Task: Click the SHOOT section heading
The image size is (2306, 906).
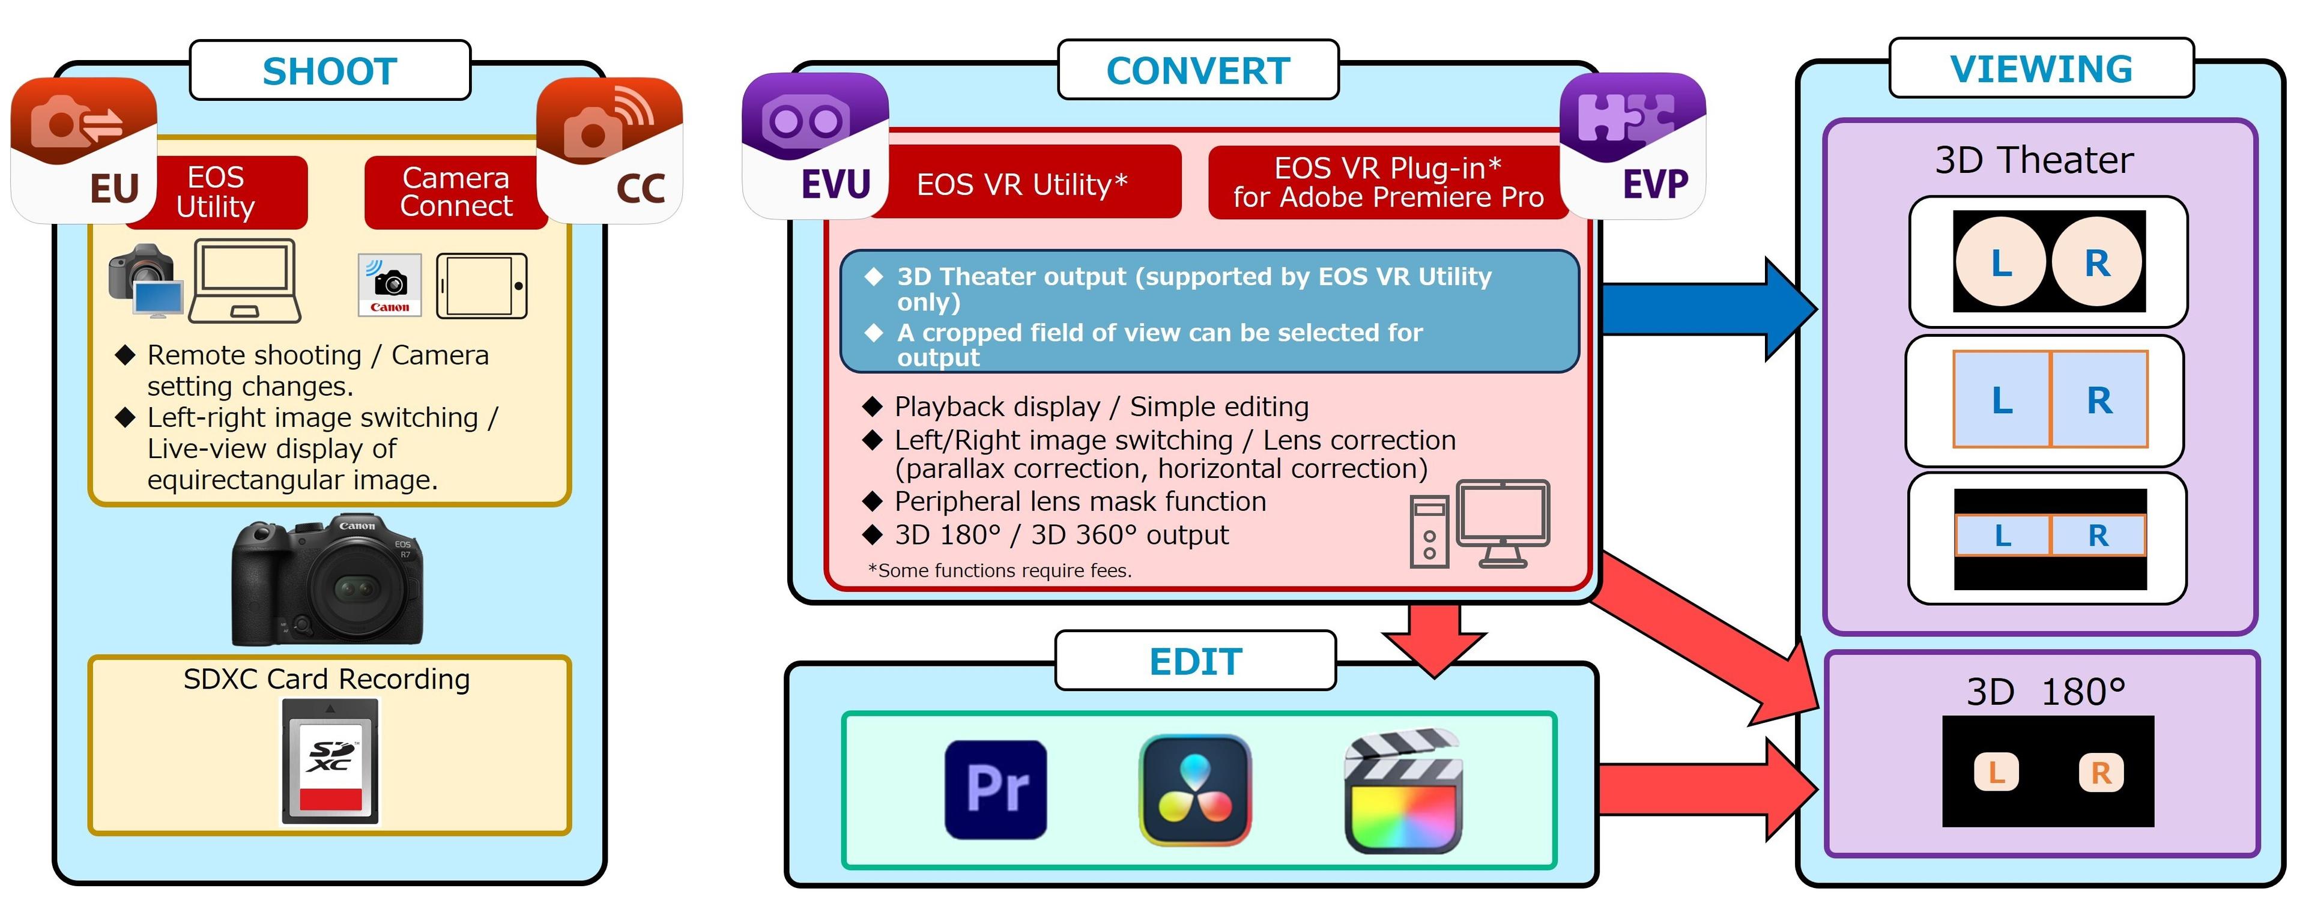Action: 330,71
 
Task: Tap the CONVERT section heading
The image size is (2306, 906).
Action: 1198,71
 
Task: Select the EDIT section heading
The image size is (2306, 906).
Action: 1195,662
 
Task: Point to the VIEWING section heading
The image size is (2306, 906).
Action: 2041,69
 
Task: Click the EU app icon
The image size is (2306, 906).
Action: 83,149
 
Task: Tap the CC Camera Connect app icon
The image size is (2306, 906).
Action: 610,149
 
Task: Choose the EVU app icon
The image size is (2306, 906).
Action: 815,146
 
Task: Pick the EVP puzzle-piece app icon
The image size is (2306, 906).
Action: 1632,146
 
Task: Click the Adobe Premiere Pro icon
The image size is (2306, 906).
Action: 996,790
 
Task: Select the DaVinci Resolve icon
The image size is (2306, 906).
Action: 1194,790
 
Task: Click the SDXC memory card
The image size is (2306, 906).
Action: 330,761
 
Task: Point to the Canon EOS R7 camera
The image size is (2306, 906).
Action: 327,580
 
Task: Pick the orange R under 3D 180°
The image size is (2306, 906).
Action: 2100,772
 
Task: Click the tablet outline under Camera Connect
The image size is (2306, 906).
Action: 482,286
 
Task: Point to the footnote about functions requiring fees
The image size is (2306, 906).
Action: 999,570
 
